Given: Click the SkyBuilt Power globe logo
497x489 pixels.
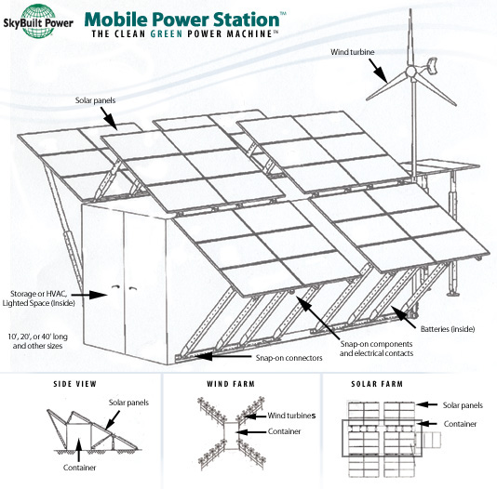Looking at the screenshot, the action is (x=38, y=20).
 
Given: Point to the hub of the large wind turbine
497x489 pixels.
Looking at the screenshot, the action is (x=410, y=72).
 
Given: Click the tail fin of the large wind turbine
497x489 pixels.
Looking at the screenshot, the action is (x=433, y=65).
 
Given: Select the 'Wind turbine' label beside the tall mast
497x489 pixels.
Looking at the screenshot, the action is (x=353, y=52).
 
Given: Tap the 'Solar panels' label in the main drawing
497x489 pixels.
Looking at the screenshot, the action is (x=95, y=100).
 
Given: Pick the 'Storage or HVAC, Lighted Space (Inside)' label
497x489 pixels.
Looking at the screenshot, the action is (x=39, y=298).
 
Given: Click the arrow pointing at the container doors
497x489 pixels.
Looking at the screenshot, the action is (x=90, y=295).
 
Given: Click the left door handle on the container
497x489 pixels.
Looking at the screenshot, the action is (x=115, y=287).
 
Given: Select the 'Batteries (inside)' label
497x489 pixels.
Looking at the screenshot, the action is (x=448, y=329).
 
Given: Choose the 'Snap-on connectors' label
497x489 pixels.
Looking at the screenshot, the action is (x=289, y=358).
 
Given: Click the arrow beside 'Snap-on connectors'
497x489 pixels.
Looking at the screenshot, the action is (x=223, y=356).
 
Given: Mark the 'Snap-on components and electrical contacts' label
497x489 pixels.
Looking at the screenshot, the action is (x=377, y=349).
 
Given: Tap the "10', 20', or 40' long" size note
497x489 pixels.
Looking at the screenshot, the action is (x=38, y=337).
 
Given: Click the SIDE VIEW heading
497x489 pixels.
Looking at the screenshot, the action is (x=74, y=384).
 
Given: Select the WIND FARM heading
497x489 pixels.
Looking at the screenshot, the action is (x=231, y=384).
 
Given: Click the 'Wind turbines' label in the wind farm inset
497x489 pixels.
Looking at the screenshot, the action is (x=291, y=416).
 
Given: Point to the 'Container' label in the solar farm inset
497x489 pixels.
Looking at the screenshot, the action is (x=460, y=424).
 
